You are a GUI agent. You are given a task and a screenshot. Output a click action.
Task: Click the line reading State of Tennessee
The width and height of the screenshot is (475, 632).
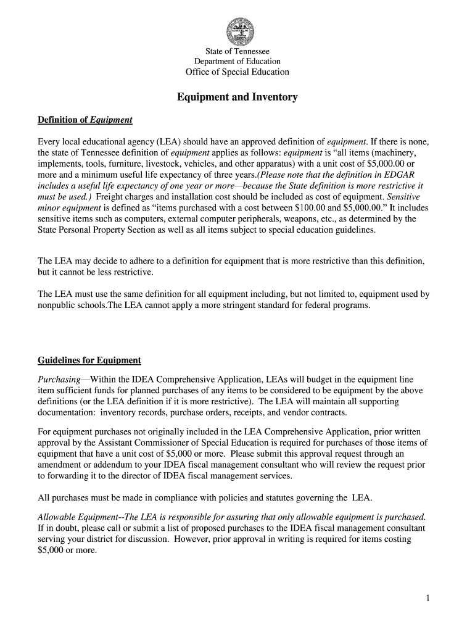[x=238, y=51]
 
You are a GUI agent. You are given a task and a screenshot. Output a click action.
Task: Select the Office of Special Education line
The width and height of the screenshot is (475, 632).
[x=238, y=72]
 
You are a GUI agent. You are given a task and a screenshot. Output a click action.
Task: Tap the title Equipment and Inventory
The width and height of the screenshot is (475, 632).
[x=238, y=98]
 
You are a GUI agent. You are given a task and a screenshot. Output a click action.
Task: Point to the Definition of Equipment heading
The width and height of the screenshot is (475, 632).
[x=85, y=120]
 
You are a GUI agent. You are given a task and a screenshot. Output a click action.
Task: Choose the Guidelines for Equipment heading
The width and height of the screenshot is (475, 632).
[x=89, y=360]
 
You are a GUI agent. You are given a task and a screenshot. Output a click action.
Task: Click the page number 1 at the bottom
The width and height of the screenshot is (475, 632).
[x=427, y=598]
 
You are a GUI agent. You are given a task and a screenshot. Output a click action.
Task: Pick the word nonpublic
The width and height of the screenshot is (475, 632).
[x=57, y=306]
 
